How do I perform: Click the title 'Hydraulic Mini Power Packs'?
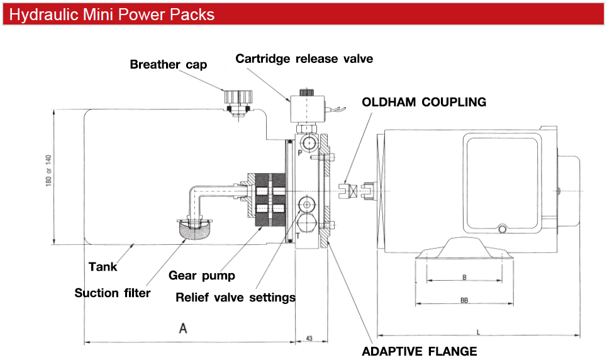112,14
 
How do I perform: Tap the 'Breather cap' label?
168,64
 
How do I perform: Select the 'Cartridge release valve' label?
304,59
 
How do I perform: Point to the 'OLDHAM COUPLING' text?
424,102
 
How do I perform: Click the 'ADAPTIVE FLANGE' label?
419,351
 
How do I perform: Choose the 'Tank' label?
103,267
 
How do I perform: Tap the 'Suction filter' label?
113,293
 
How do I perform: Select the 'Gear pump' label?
201,275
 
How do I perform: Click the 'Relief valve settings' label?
235,297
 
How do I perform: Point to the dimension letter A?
183,328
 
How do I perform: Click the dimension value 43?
309,339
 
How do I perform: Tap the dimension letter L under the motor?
479,331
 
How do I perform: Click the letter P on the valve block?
300,153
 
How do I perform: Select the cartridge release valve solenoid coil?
306,109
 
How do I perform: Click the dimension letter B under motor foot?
464,277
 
